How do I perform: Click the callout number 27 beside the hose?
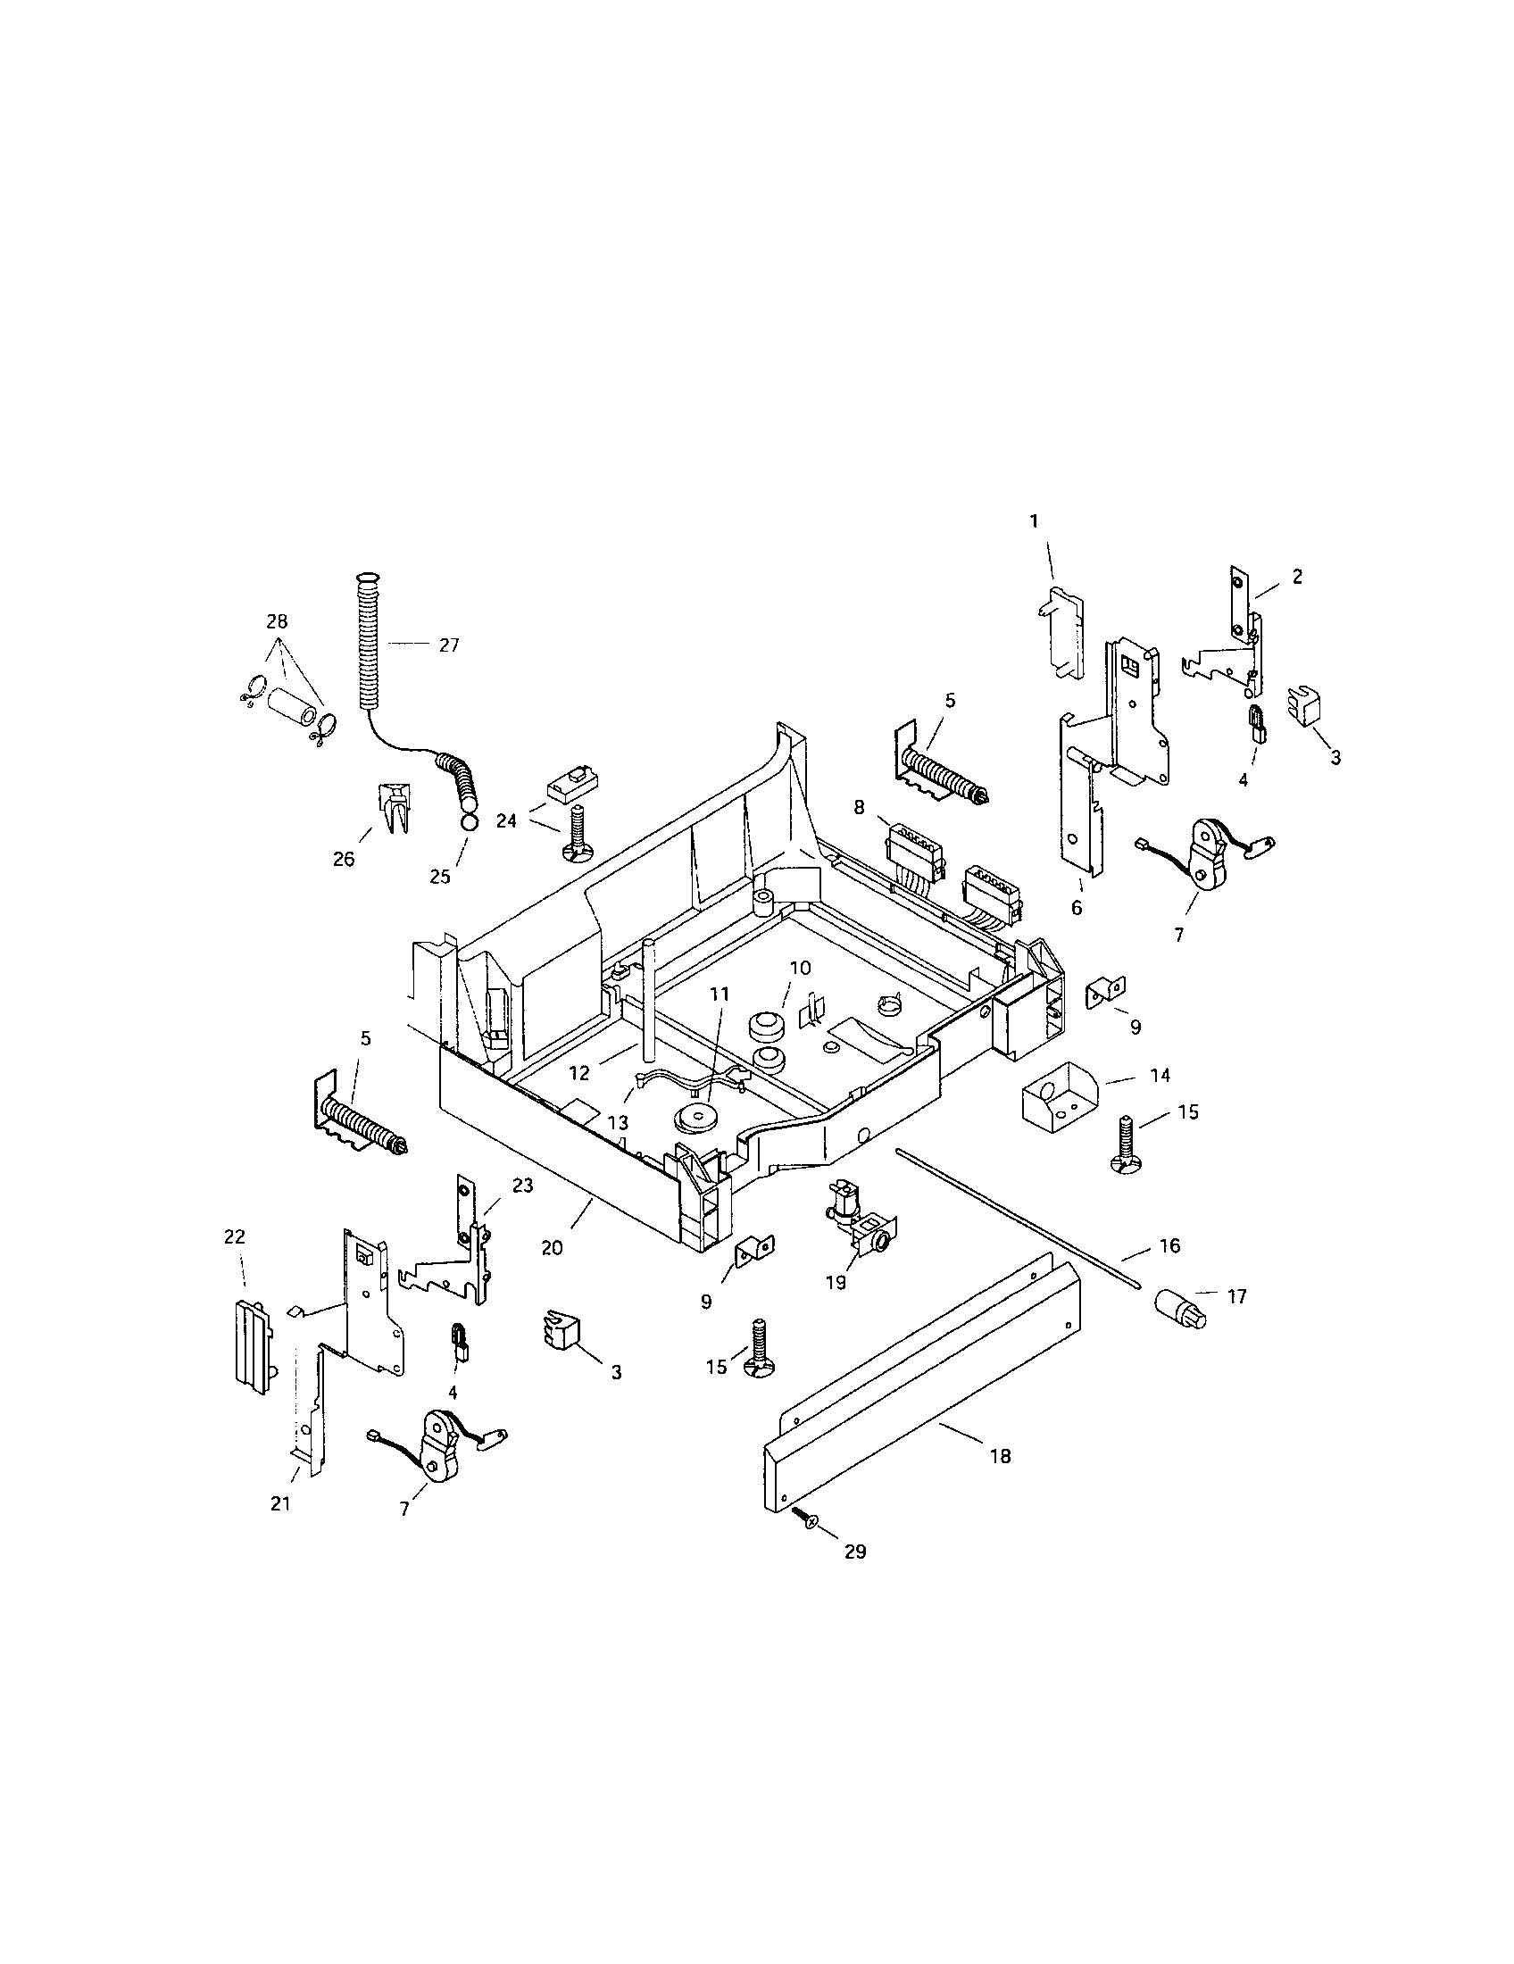click(449, 645)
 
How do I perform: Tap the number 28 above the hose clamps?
click(277, 621)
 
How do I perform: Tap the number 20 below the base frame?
click(552, 1248)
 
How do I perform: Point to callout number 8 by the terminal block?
click(859, 808)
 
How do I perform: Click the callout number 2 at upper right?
click(1296, 577)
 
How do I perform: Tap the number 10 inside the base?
click(800, 968)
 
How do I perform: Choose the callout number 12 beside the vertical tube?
click(579, 1073)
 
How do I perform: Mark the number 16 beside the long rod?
click(1169, 1245)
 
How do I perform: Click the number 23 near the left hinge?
click(522, 1186)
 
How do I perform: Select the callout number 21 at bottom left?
click(281, 1503)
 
